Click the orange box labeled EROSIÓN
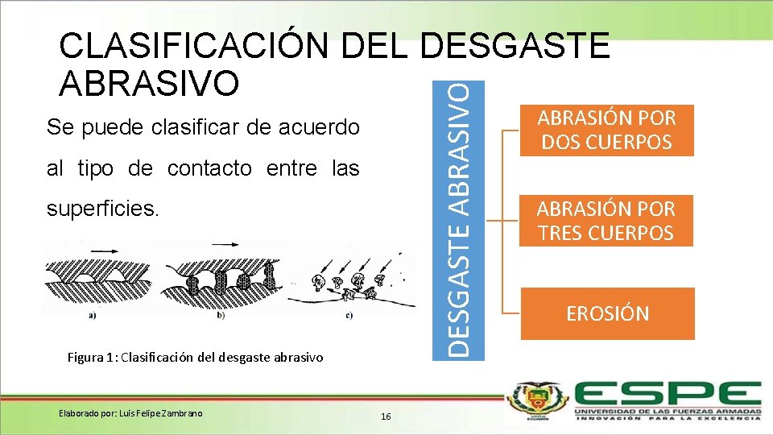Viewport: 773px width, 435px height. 607,313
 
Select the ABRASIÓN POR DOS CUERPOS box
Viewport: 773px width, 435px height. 607,130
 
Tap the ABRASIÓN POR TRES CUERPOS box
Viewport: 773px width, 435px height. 607,221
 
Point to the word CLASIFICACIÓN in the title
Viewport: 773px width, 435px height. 193,48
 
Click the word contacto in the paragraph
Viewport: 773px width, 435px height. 213,168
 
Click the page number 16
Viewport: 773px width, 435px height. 386,416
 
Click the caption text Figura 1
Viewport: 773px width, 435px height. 89,357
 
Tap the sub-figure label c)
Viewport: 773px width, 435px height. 348,316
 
